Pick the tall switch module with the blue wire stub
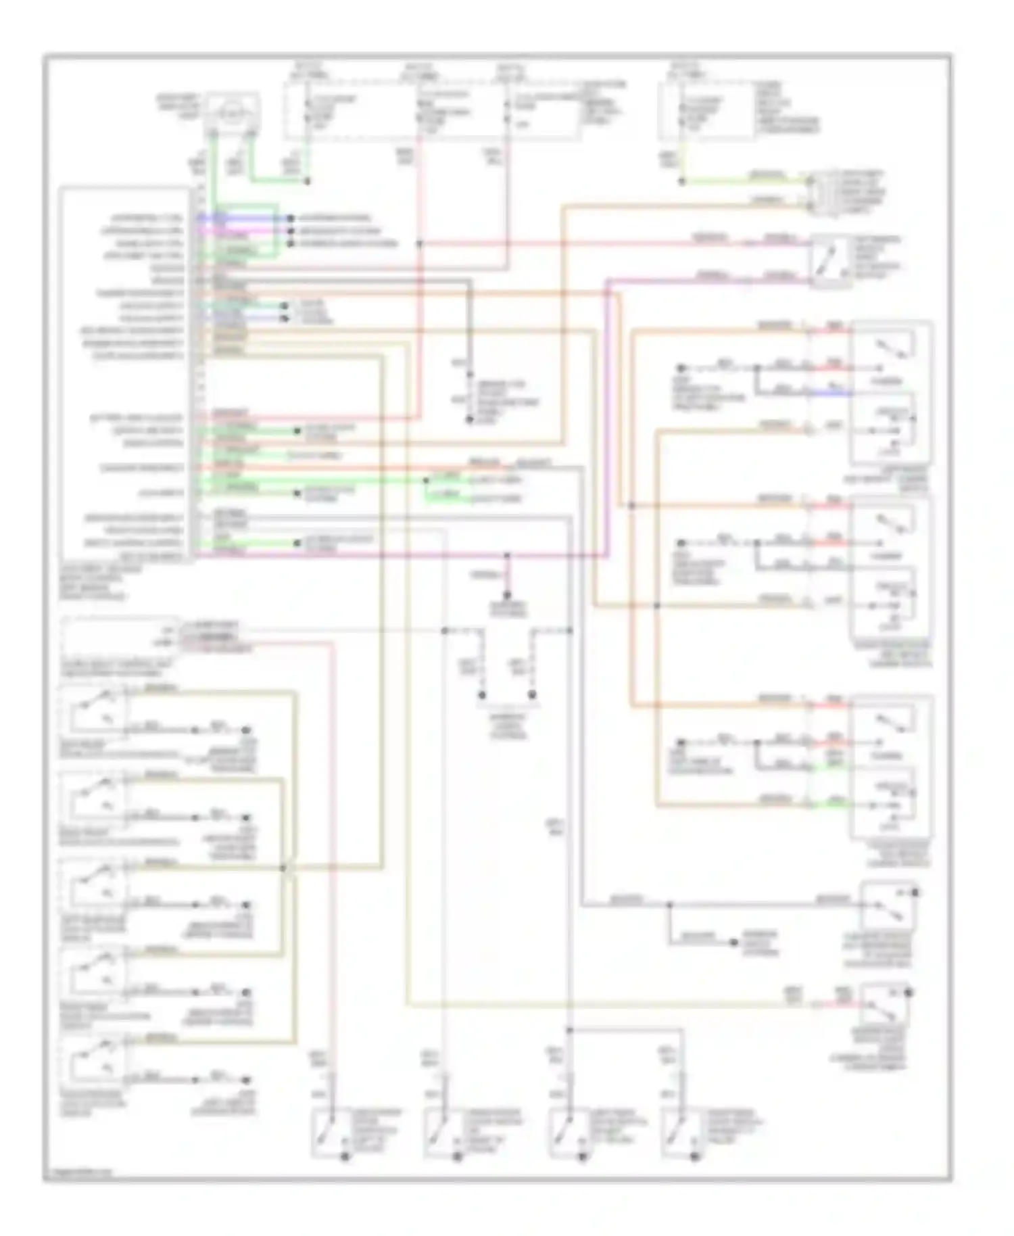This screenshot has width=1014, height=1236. [891, 393]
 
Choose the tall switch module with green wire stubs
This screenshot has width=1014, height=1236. [891, 767]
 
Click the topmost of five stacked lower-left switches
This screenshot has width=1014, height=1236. [93, 711]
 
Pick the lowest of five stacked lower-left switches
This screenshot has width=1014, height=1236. [93, 1059]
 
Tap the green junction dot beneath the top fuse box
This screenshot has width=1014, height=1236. [308, 181]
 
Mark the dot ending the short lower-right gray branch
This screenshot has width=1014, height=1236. [734, 942]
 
